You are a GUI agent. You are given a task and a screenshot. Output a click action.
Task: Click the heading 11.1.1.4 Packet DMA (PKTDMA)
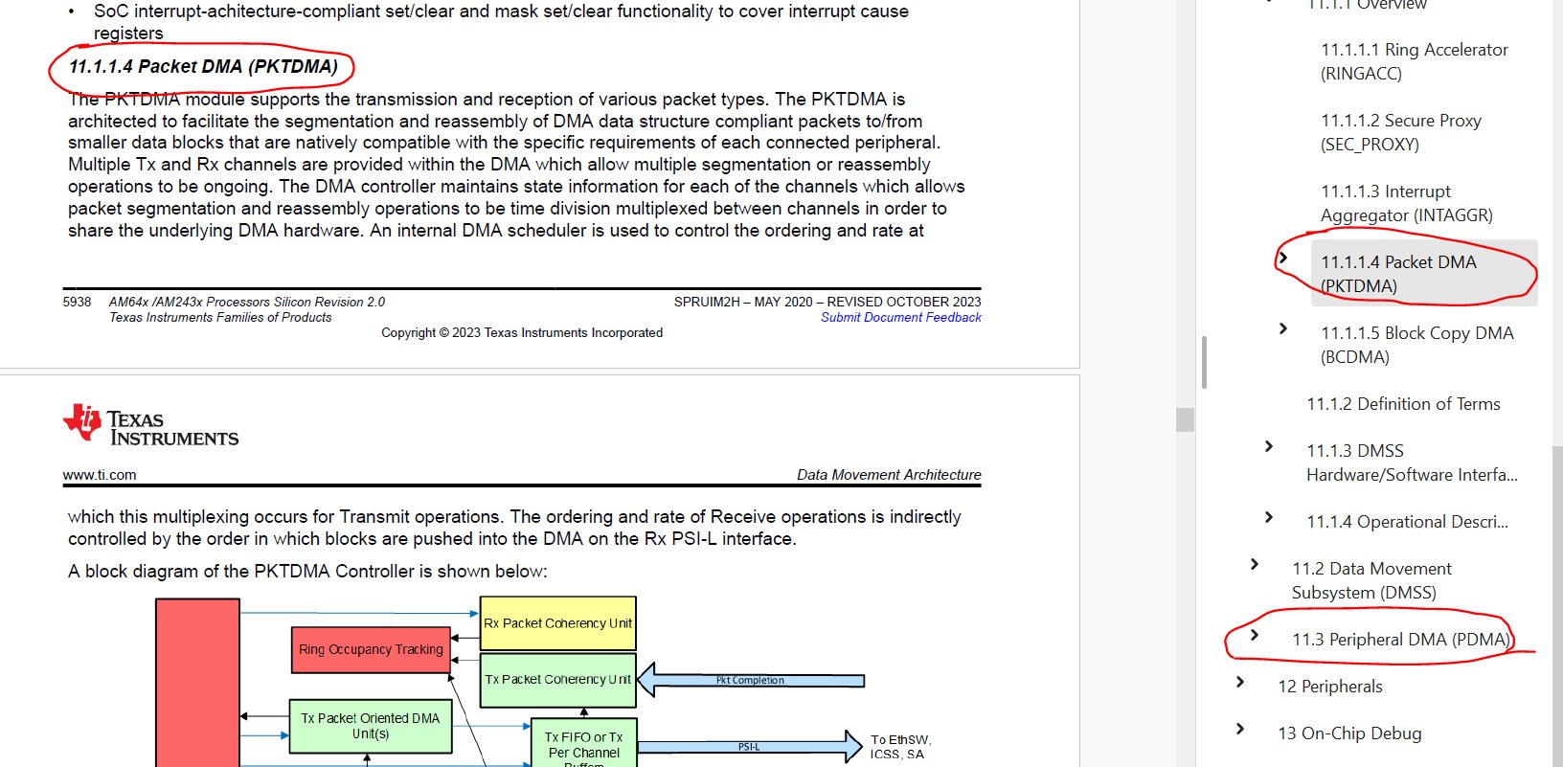[203, 67]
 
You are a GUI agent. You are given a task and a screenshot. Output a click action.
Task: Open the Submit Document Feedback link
[900, 318]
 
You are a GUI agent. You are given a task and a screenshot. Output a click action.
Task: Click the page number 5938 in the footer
[77, 303]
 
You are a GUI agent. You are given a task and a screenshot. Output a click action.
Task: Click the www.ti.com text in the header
[100, 475]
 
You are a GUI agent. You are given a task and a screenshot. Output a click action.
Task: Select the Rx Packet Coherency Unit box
[557, 623]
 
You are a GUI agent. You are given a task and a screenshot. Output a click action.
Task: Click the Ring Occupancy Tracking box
[371, 649]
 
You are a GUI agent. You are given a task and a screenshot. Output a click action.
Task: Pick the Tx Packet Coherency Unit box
[557, 680]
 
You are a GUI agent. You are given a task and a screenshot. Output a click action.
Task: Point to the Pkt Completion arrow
[751, 681]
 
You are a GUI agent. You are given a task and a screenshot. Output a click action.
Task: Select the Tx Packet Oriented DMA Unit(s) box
[370, 726]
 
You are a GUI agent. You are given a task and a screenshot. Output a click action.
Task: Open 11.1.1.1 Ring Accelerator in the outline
[1414, 61]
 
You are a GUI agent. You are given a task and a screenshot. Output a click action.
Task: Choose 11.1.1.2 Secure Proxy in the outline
[1400, 132]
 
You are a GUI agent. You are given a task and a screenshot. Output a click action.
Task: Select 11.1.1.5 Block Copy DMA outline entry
[1416, 345]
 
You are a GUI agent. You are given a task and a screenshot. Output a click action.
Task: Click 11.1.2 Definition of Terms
[1403, 404]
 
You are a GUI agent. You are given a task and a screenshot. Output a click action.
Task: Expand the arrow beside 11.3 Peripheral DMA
[1255, 635]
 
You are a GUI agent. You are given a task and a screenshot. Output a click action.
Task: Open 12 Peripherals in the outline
[1329, 687]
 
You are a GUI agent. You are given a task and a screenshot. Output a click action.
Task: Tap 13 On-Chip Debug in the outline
[1348, 733]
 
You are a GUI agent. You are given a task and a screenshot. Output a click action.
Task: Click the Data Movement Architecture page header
[888, 475]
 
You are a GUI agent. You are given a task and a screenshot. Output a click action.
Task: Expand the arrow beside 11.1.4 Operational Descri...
[1269, 517]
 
